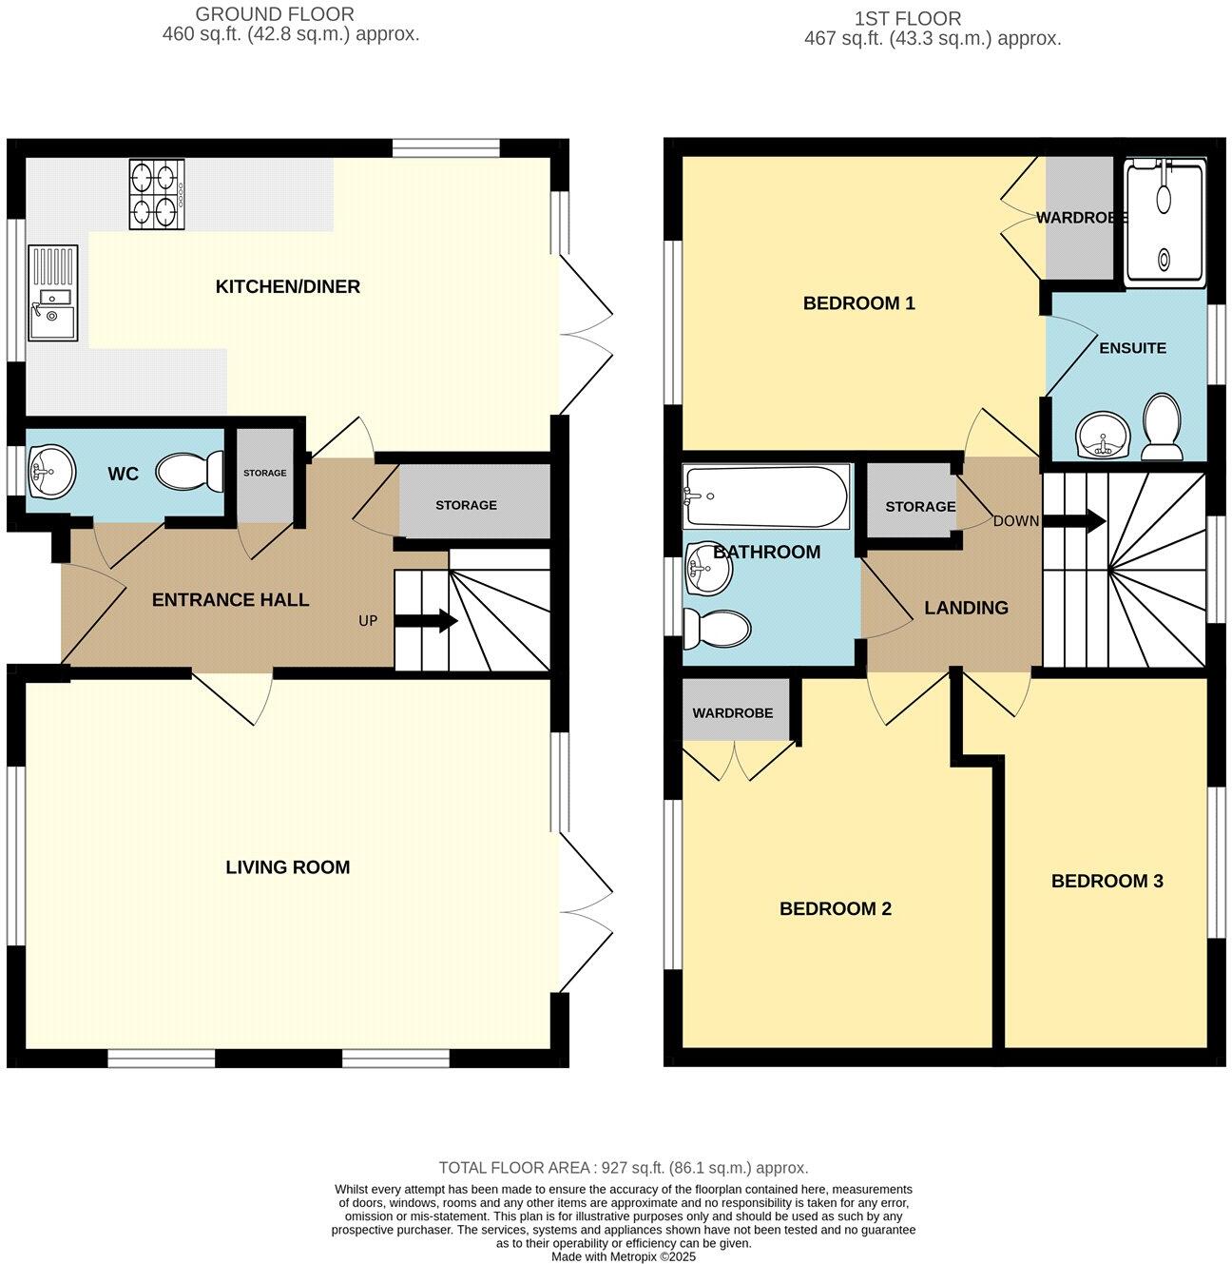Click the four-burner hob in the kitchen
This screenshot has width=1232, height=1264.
(157, 194)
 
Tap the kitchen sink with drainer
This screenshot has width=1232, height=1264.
(53, 293)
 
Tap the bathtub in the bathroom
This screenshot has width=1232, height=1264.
(766, 496)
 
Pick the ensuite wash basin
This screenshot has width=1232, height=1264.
(1103, 438)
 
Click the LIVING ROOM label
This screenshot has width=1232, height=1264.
(287, 867)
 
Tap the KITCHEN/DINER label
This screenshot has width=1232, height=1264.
(287, 287)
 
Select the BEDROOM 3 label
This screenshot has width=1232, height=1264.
(1107, 882)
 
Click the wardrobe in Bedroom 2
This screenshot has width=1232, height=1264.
(732, 712)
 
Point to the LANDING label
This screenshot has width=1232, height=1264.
(966, 608)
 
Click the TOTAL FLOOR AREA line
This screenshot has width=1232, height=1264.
(623, 1168)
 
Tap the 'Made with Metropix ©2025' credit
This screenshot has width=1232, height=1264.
(624, 1256)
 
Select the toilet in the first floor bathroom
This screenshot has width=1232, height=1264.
(718, 629)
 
